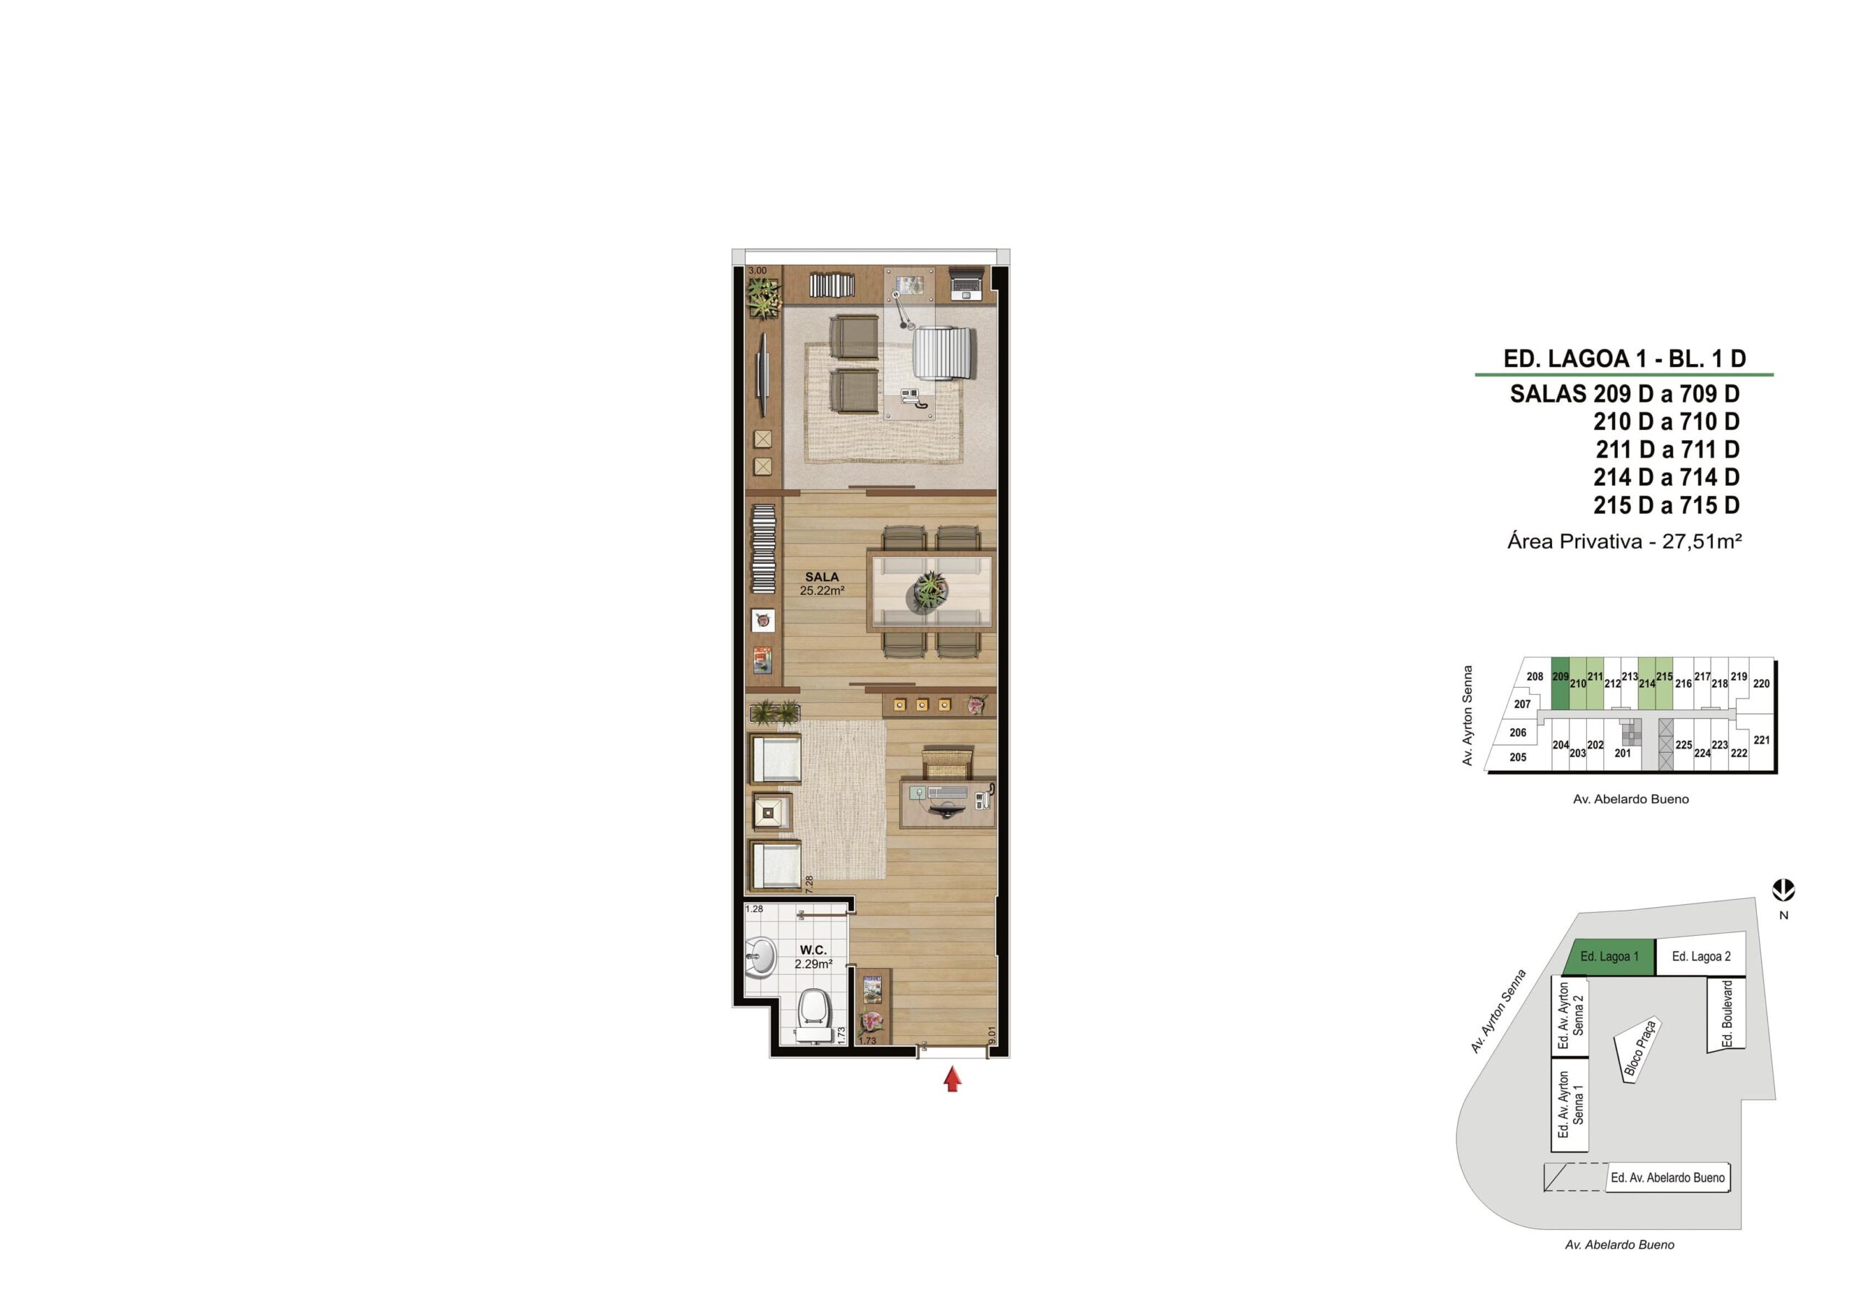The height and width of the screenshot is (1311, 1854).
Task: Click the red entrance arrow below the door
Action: [953, 1079]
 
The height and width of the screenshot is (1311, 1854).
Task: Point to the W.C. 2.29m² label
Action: [813, 956]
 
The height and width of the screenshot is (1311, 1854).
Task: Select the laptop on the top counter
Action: [967, 282]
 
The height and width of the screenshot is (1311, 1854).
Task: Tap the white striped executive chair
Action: [945, 353]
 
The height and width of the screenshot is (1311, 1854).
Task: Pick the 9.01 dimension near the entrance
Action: [992, 1035]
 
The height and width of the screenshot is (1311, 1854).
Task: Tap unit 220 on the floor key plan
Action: [1761, 684]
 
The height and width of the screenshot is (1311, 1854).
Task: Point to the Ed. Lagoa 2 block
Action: [1701, 956]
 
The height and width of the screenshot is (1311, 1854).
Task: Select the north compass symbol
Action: [1784, 891]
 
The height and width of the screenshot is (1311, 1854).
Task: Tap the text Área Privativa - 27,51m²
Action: [1624, 541]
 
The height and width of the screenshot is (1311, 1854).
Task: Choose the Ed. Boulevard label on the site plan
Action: [1728, 1014]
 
